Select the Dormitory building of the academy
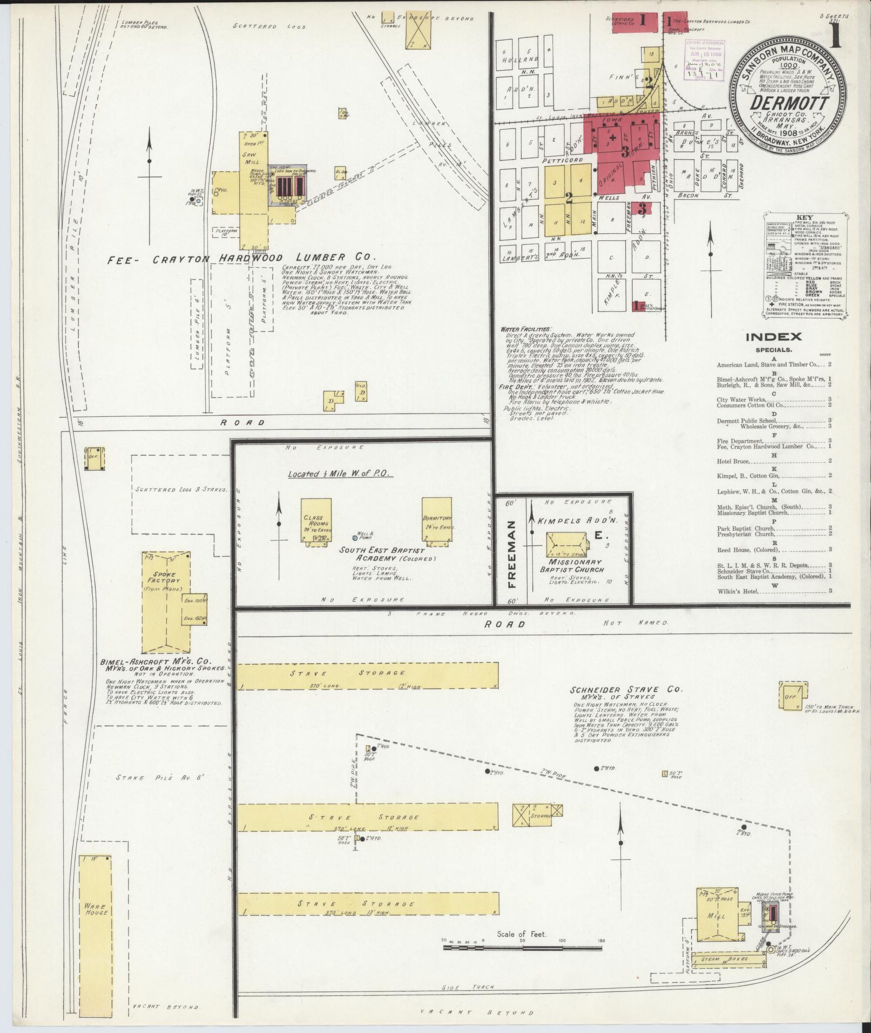[436, 519]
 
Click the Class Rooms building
[316, 519]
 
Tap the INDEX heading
[773, 337]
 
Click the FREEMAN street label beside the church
[511, 553]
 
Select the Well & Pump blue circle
[355, 538]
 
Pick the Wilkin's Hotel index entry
[738, 591]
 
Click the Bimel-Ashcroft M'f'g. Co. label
[156, 661]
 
